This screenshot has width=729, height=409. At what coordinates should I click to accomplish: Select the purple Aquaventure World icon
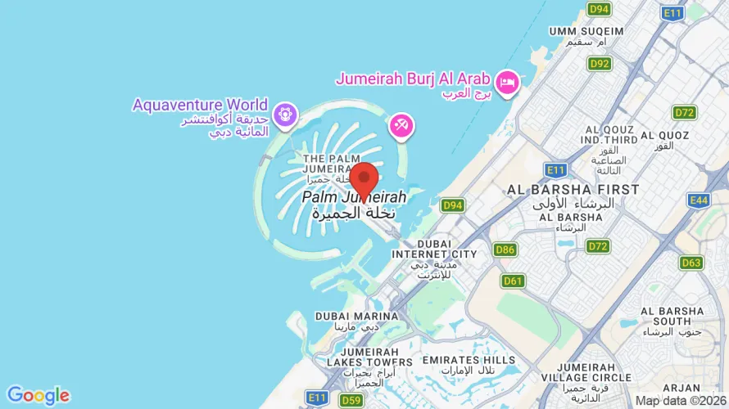pos(284,115)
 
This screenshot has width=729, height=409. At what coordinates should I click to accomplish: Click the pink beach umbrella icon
pos(402,126)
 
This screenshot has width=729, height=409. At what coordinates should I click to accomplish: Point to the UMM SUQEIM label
pos(586,31)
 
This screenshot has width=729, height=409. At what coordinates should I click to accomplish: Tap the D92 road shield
pos(600,63)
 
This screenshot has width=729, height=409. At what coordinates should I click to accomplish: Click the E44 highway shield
pos(700,200)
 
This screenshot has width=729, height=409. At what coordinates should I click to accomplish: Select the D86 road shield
pos(505,249)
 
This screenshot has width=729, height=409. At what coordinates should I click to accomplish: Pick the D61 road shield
pos(513,281)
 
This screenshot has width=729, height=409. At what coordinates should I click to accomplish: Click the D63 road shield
pos(691,263)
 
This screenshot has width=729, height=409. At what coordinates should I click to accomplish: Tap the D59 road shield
pos(351,400)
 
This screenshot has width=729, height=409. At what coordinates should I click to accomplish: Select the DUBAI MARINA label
pos(347,316)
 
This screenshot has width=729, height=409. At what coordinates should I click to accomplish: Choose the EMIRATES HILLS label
pos(469,360)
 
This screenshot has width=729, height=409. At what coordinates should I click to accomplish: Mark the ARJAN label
pos(681,387)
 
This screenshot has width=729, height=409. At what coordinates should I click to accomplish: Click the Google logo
pos(38,396)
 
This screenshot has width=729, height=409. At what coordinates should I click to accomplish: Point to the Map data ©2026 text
pos(680,401)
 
